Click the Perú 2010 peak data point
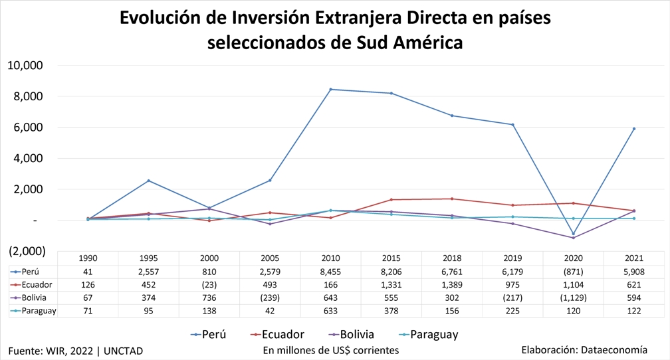pos(331,89)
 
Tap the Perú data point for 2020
pos(573,234)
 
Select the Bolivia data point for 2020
pos(573,238)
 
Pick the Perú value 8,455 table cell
pos(331,272)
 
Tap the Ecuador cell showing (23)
pos(209,285)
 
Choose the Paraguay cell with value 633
pos(331,311)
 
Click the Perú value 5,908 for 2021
pos(633,272)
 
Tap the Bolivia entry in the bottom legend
pos(356,334)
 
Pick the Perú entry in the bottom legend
pos(213,334)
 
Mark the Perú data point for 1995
pos(148,181)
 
